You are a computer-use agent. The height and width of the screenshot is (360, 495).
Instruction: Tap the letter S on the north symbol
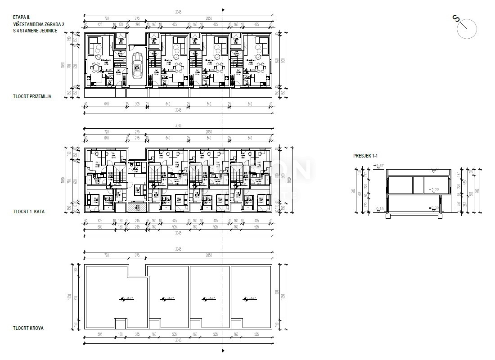(x=456, y=18)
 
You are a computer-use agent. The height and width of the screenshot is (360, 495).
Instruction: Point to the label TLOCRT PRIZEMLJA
(x=32, y=96)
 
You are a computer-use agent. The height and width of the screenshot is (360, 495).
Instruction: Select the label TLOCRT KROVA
(x=28, y=328)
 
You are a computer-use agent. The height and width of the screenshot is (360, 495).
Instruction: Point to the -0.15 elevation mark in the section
(x=379, y=209)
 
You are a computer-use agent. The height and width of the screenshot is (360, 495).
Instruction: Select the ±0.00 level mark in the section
(x=434, y=207)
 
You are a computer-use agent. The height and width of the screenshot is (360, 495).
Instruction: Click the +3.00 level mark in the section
(x=434, y=189)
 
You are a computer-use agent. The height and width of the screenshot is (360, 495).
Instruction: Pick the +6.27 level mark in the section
(x=435, y=170)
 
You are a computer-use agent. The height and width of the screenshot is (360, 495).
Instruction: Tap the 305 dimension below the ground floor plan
(x=138, y=104)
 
